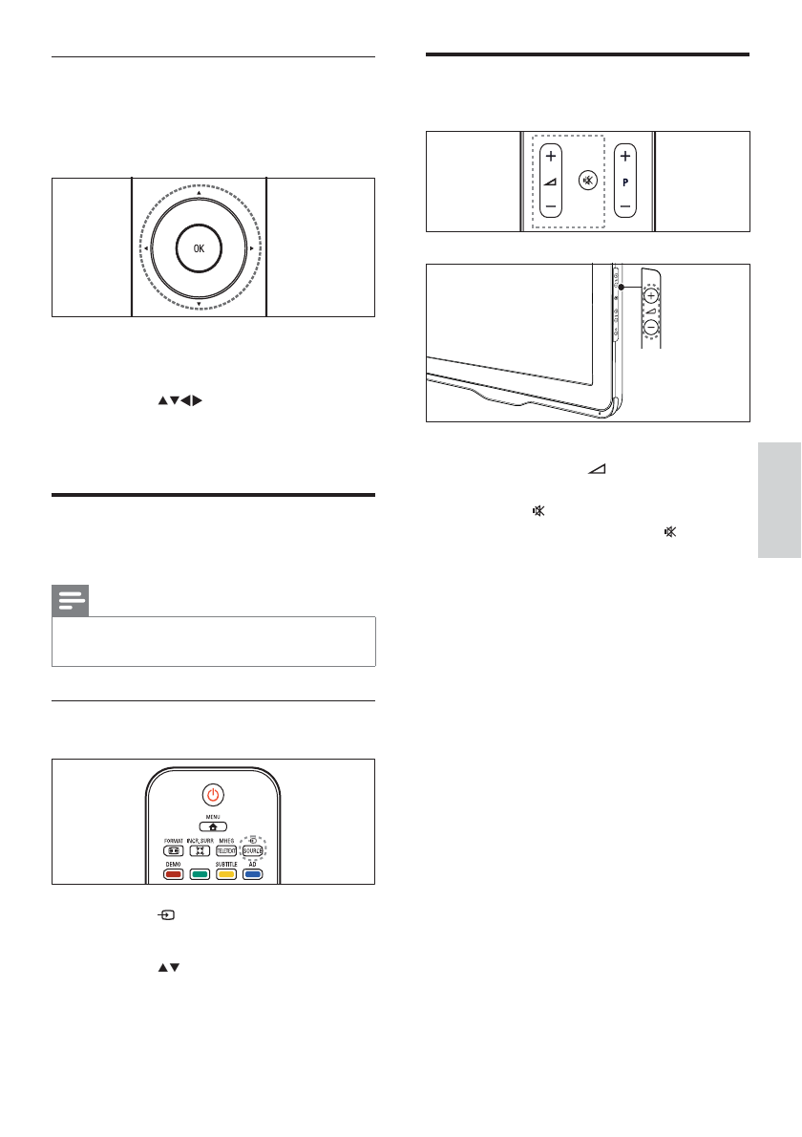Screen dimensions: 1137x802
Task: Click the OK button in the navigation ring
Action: click(198, 247)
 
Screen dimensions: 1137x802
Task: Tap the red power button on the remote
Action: click(213, 793)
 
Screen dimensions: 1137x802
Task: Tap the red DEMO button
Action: click(173, 873)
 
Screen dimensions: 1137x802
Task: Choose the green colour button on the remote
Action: click(200, 873)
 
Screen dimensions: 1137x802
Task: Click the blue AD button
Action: click(252, 873)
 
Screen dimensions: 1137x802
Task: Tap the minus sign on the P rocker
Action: click(624, 204)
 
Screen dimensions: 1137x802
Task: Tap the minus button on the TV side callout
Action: click(650, 327)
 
